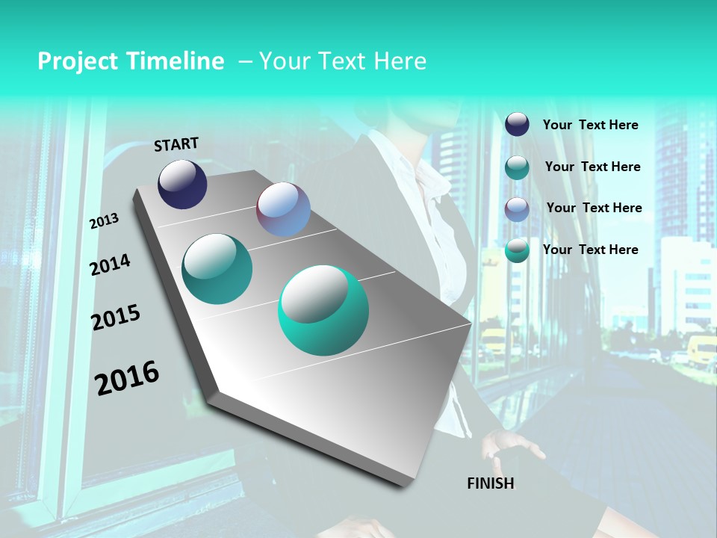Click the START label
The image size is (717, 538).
tap(176, 144)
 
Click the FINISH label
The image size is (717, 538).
tap(490, 483)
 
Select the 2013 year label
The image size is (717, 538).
tap(104, 221)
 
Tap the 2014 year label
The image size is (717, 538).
tap(110, 265)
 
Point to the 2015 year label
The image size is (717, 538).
tap(116, 318)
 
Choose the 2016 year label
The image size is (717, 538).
tap(127, 378)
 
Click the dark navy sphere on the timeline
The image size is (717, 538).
tap(182, 184)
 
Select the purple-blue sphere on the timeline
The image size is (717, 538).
tap(283, 209)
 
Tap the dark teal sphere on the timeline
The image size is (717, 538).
tap(217, 269)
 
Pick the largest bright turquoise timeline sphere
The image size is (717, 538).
tap(323, 311)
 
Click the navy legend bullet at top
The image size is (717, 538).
tap(517, 124)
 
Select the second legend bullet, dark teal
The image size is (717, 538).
tap(517, 167)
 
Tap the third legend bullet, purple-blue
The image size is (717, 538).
tap(517, 209)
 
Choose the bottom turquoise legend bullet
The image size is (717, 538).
tap(517, 250)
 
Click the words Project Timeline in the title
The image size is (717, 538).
tap(131, 61)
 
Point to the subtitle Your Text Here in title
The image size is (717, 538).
tap(342, 61)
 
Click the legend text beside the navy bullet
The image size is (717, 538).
tap(590, 125)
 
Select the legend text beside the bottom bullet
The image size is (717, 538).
tap(590, 250)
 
